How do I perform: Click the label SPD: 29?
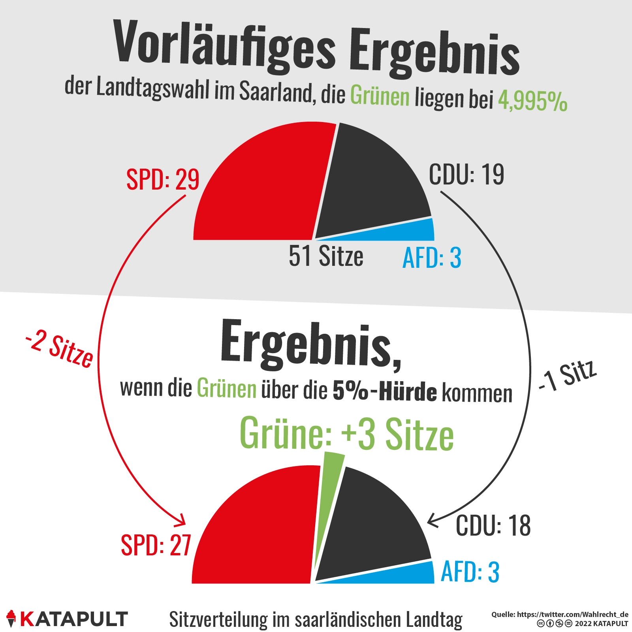pos(163,180)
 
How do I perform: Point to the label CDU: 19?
pos(466,174)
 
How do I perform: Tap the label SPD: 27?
pos(156,545)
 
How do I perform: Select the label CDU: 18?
pos(493,526)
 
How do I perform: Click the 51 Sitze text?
pos(326,256)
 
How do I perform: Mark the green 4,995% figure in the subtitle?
pos(532,101)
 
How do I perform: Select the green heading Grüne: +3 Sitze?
pos(347,434)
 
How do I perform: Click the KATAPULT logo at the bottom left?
pos(67,619)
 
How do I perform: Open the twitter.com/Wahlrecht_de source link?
pos(572,614)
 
